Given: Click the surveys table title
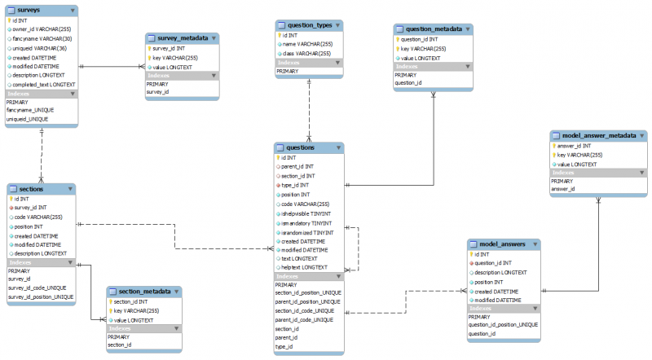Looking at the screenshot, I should (30, 11).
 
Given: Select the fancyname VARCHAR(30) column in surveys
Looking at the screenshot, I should (41, 38).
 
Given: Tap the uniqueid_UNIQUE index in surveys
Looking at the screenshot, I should (28, 119).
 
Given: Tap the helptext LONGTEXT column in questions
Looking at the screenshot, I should (305, 267).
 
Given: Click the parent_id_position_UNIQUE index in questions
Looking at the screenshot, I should (307, 301).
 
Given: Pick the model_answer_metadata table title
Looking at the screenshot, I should (593, 135).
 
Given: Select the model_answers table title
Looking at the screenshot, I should (501, 244).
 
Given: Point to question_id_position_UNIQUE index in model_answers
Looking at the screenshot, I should (503, 325).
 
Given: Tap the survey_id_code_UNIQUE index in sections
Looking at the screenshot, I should (37, 288).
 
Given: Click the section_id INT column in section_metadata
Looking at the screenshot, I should (132, 302).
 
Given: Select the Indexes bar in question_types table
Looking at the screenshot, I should (308, 63).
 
